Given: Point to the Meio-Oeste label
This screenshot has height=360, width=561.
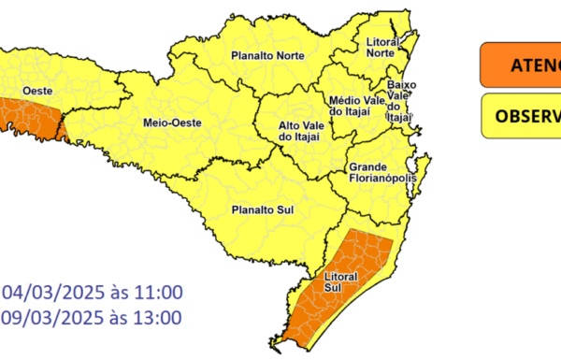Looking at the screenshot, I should click(x=167, y=122).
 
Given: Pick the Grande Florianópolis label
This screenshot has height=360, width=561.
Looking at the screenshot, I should click(x=381, y=175).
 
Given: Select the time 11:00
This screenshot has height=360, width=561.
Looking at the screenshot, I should click(x=161, y=292).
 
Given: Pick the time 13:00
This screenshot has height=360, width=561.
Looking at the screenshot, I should click(x=161, y=318).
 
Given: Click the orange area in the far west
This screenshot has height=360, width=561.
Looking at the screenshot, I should click(x=28, y=118).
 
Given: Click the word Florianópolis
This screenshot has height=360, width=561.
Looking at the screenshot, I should click(x=382, y=181).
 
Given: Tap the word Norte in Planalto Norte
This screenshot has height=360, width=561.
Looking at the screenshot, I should click(x=286, y=56).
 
